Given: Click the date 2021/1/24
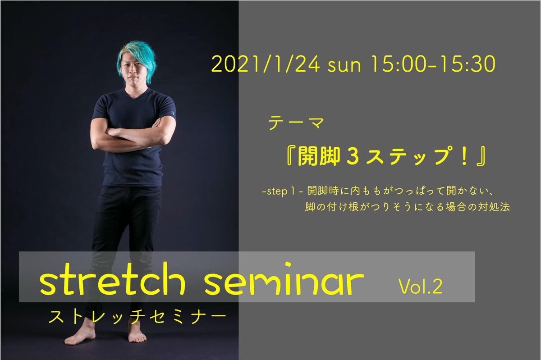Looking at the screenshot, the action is tap(266, 64).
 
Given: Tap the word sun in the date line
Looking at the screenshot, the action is tap(344, 66).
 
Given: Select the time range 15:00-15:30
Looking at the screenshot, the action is tap(433, 64).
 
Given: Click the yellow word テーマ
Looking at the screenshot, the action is tap(296, 123).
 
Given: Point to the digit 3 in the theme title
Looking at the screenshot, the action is tap(353, 156).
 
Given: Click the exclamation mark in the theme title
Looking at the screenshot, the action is tap(464, 156).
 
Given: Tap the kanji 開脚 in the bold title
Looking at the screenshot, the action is tap(319, 156).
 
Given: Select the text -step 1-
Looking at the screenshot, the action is tap(283, 191).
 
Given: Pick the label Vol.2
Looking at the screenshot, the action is tap(420, 287).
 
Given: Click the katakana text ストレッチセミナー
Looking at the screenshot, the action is tap(137, 317).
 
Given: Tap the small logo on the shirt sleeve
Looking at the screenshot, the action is tap(173, 113).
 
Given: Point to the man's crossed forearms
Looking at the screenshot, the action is tap(133, 137).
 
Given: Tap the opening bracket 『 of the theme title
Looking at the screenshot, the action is tap(291, 156).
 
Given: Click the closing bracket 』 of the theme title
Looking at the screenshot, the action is tap(481, 156).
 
